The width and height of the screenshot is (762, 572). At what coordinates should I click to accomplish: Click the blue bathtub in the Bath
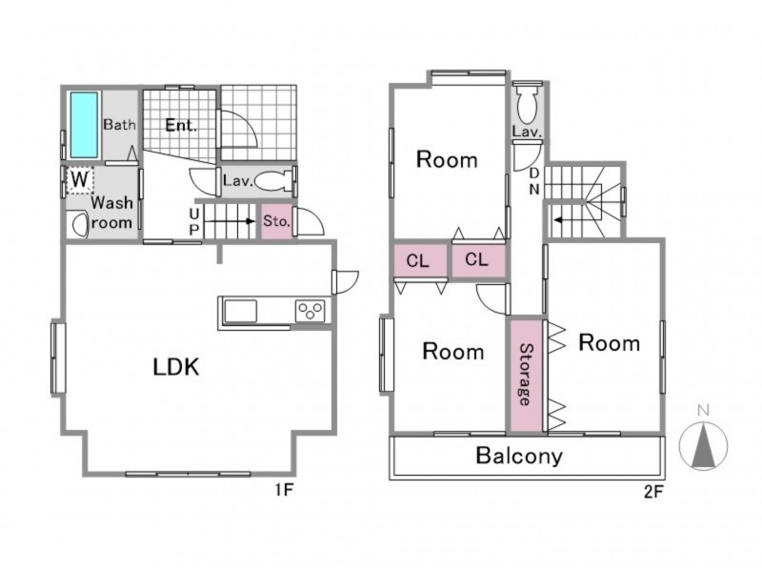pos(84,125)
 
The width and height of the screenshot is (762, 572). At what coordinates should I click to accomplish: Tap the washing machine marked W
pos(80,180)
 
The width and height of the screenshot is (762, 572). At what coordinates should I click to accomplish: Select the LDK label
pos(176,367)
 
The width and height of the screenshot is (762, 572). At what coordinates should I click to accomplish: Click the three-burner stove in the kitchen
pos(311,311)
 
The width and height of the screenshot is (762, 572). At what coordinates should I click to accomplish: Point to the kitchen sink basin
pos(240,312)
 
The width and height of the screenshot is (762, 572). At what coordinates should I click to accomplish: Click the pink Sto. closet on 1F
pos(277,221)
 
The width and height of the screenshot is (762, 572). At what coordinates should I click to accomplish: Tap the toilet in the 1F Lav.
pos(273,181)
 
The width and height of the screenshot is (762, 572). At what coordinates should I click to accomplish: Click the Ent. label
pos(181,125)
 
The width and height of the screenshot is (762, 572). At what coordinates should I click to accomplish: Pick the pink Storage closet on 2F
pos(526,375)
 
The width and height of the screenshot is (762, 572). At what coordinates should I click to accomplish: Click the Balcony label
pos(519,456)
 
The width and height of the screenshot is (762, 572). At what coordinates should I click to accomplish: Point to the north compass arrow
pos(703,445)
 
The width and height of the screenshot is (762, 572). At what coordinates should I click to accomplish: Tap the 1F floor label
pos(284,490)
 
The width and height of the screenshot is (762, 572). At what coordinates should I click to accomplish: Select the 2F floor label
pos(653,492)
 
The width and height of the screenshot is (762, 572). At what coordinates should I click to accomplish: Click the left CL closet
pos(420,260)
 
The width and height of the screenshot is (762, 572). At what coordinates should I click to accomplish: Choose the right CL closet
pos(479,260)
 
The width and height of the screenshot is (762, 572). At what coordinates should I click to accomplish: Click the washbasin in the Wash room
pos(78,225)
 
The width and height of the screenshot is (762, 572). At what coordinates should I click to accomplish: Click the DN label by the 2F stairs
pos(534,181)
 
